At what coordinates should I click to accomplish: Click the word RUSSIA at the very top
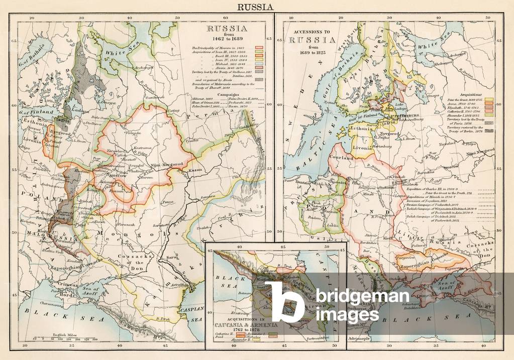click(256, 7)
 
